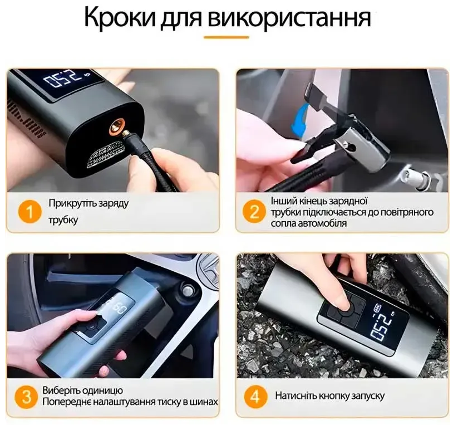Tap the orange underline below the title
(226, 37)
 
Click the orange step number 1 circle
(30, 212)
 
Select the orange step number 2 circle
(254, 211)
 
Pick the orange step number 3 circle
(26, 397)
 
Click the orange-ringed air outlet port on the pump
(116, 126)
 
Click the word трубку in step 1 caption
(63, 220)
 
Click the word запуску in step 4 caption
(368, 397)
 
